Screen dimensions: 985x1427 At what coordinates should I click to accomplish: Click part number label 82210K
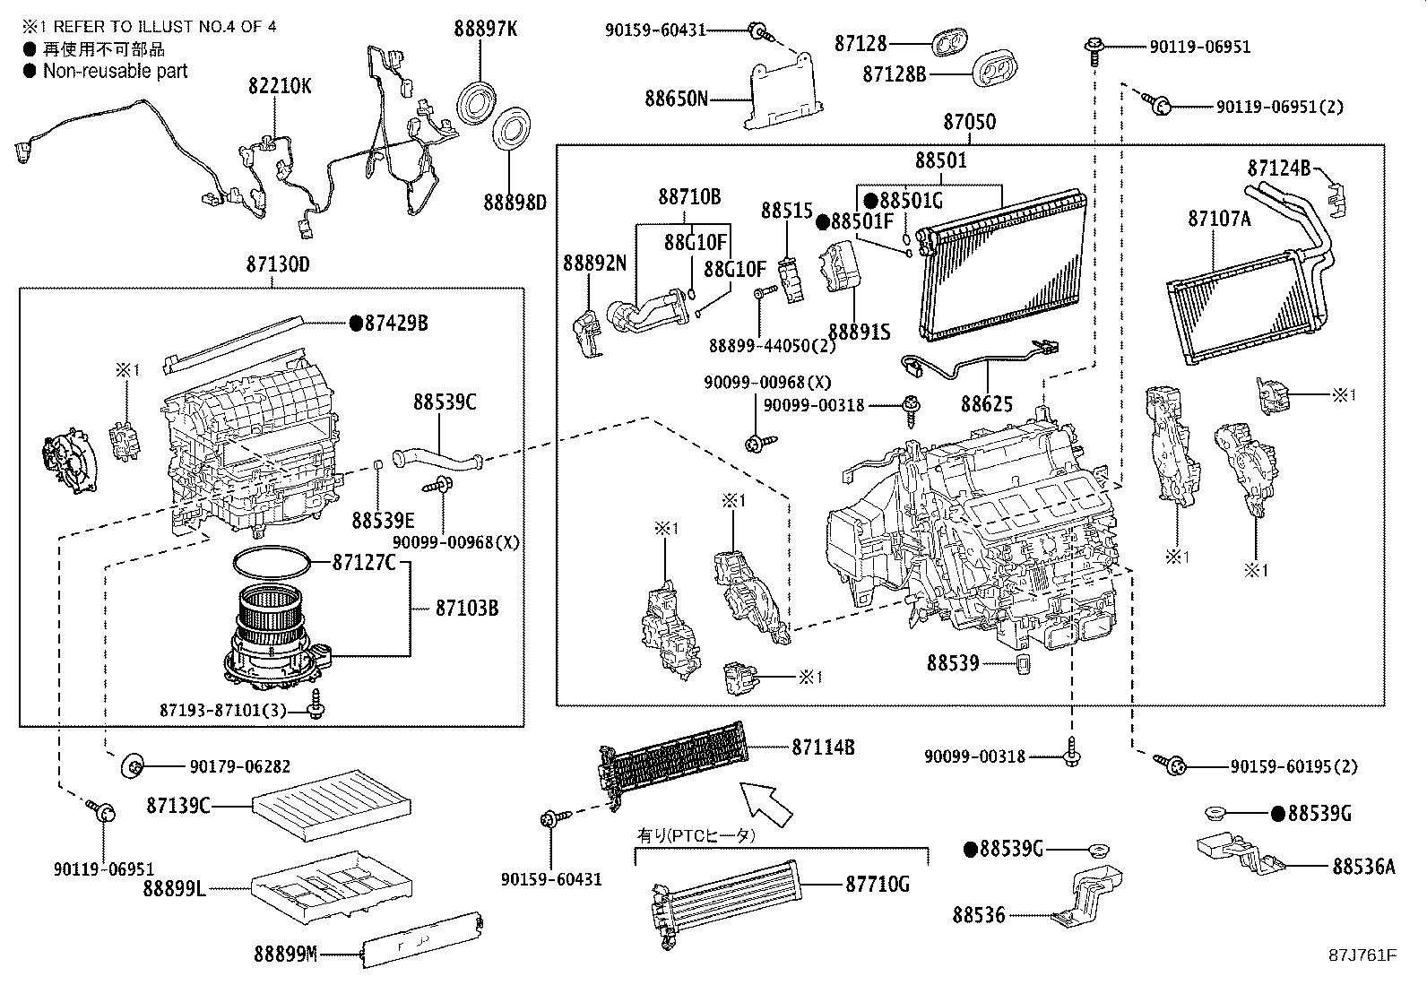[x=281, y=86]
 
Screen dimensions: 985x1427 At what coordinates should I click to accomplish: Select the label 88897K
[x=484, y=29]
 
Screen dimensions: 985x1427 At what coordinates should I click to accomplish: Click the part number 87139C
[x=178, y=806]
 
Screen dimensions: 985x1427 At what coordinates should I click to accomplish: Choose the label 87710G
[x=878, y=885]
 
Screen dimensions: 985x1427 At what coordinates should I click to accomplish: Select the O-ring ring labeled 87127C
[x=272, y=562]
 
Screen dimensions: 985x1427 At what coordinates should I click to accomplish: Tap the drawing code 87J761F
[x=1362, y=954]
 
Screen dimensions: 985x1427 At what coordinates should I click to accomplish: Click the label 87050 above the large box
[x=969, y=122]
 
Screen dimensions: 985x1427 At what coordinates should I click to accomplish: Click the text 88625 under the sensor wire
[x=987, y=404]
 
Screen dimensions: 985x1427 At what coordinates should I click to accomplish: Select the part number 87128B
[x=895, y=73]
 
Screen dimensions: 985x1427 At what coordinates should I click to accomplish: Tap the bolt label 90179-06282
[x=240, y=766]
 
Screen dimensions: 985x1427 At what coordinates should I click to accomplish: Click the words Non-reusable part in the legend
[x=115, y=71]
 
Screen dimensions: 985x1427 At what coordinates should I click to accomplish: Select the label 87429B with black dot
[x=395, y=323]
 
